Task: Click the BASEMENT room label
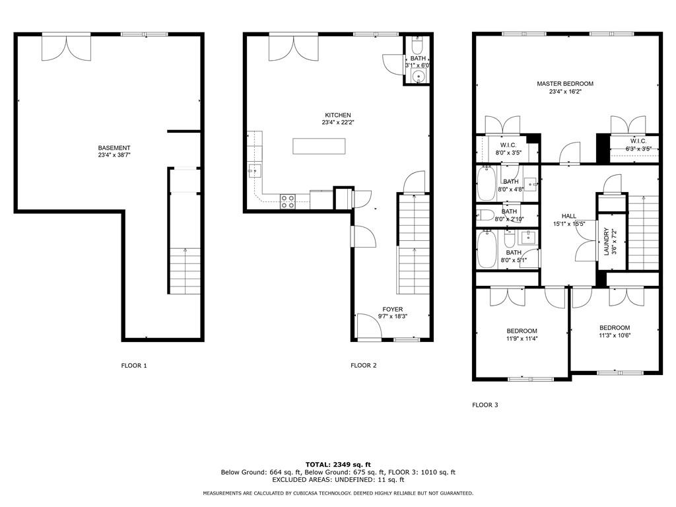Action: [x=114, y=148]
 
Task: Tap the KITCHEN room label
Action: [x=338, y=115]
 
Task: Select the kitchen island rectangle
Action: [x=319, y=146]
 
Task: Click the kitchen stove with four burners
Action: [x=288, y=201]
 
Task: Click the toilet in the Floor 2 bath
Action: [x=417, y=45]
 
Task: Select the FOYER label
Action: [x=393, y=309]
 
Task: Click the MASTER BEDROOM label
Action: [x=565, y=84]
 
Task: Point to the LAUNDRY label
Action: [x=606, y=242]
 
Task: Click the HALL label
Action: [x=569, y=216]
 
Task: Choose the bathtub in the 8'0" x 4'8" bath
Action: [x=487, y=184]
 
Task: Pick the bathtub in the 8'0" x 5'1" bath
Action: [x=487, y=249]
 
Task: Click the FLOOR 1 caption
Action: [x=134, y=366]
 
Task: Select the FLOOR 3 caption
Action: [x=485, y=405]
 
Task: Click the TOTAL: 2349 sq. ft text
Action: [x=338, y=464]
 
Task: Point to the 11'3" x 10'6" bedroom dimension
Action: [x=615, y=335]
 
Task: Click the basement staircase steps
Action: [x=186, y=271]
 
